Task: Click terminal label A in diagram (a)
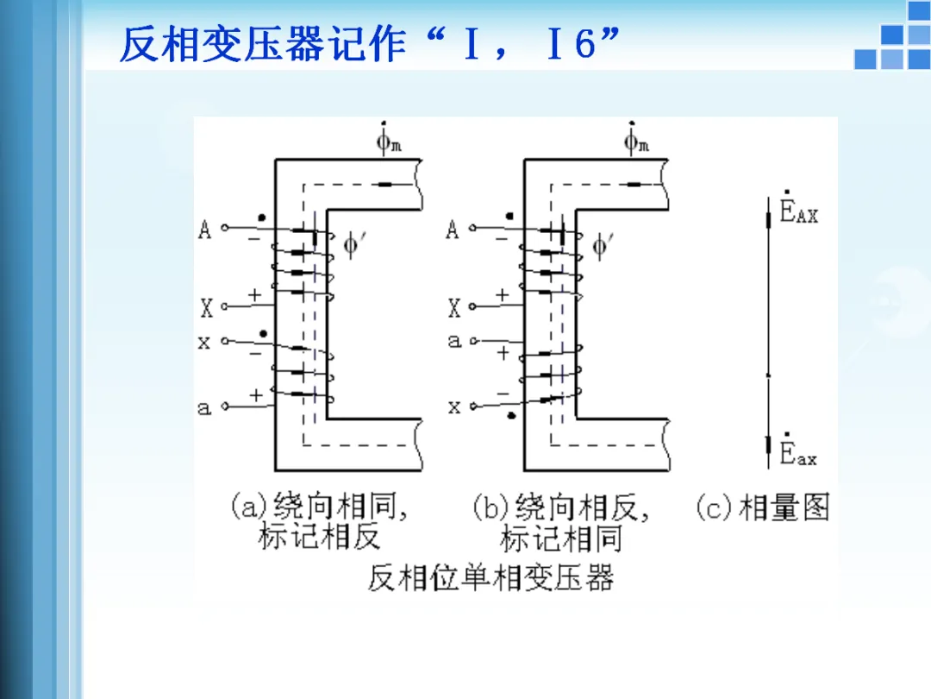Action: (205, 230)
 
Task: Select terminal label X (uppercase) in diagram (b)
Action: (454, 307)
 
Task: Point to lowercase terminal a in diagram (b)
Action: (454, 341)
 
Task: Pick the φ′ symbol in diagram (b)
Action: (603, 247)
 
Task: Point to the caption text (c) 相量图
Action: (762, 508)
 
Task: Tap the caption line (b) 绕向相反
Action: (560, 507)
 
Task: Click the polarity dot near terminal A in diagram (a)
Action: (261, 217)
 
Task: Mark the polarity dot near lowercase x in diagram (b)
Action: (512, 417)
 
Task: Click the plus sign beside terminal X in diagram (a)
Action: (254, 295)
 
